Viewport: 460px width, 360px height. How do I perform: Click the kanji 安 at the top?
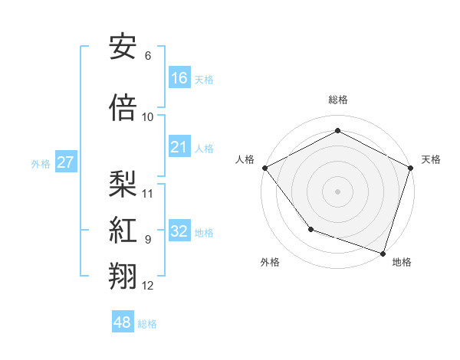point(123,47)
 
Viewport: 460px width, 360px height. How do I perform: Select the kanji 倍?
point(123,109)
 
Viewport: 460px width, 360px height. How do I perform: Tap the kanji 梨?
point(123,182)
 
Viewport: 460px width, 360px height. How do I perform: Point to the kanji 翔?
point(123,277)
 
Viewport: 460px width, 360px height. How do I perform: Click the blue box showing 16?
point(179,77)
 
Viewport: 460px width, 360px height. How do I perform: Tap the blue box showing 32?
point(179,231)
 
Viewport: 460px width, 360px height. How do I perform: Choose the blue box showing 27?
point(66,162)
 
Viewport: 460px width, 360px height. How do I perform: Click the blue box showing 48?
point(123,322)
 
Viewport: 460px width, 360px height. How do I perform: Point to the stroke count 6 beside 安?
point(147,56)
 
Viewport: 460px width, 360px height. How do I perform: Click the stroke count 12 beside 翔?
point(148,286)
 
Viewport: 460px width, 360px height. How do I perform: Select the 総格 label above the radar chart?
point(337,100)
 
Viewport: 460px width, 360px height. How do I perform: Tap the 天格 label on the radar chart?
point(431,159)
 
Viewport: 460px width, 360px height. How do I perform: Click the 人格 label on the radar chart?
point(245,159)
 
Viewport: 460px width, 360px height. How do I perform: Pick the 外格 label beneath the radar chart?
point(270,262)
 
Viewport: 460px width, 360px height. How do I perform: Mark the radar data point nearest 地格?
point(382,252)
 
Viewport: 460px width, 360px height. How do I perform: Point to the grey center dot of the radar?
point(337,191)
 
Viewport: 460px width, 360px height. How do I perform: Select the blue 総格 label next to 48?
point(147,324)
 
